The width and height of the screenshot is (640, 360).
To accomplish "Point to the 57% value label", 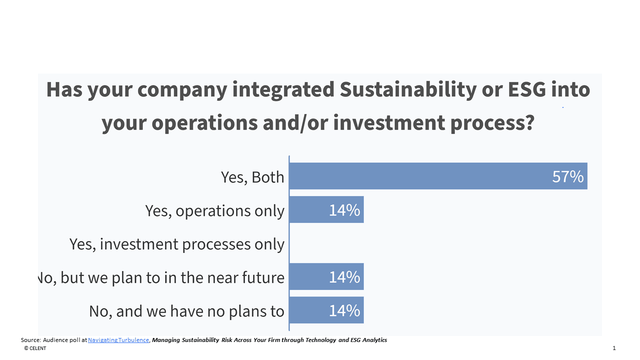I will coord(567,176).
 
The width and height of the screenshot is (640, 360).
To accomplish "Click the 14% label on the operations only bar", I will coord(344,210).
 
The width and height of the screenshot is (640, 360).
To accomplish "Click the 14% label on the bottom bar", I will coord(344,310).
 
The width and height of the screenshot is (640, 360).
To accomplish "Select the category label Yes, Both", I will coord(252,177).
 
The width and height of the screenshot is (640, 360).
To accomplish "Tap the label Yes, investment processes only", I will coord(177,244).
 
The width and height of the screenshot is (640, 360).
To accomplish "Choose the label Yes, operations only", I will coord(215,210).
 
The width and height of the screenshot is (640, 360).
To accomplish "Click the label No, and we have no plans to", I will coord(186,311).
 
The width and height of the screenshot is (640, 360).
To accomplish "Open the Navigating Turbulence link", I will coord(118,340).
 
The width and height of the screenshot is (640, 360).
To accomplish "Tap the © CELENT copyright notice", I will coord(35,348).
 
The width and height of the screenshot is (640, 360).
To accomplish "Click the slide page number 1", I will coord(614,348).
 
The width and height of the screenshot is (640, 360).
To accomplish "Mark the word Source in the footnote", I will coord(30,340).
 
